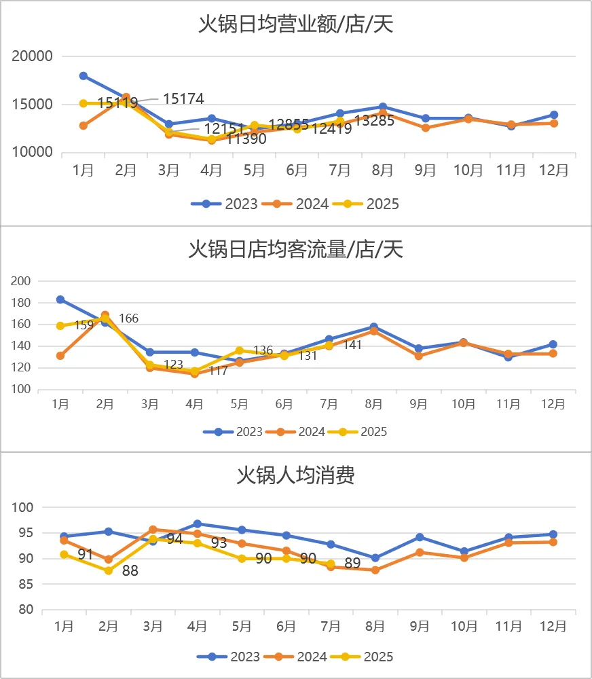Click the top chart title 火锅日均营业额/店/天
coord(296,24)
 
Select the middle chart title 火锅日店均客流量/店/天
coord(296,250)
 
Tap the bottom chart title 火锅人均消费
coord(296,475)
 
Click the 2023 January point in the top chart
coord(84,76)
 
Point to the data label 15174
coord(183,99)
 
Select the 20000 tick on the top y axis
coord(33,56)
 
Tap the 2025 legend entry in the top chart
coord(373,204)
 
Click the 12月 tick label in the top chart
coord(554,170)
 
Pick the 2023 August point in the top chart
coord(383,107)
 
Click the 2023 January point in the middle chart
coord(60,299)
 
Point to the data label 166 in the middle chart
coord(128,318)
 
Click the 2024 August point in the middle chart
coord(373,331)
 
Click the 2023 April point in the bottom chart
coord(197,524)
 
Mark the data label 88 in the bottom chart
coord(130,571)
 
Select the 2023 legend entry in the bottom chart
coord(236,657)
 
